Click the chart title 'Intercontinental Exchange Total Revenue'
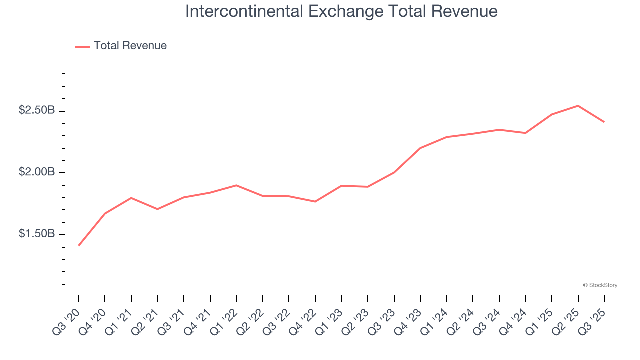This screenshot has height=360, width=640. tap(341, 11)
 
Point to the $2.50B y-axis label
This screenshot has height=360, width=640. tap(37, 110)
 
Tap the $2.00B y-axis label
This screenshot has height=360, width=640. tap(37, 172)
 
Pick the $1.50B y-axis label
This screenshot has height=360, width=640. tap(37, 234)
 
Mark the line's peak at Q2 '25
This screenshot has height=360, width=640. tap(578, 106)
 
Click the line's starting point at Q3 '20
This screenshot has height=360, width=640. tap(79, 245)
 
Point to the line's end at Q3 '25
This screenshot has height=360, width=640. tap(604, 122)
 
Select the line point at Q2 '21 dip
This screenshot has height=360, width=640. tap(157, 209)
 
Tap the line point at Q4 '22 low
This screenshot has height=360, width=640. tap(315, 202)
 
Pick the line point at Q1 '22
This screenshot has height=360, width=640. tap(236, 185)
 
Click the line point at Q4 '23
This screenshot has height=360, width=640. tap(420, 148)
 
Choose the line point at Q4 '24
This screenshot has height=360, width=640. tap(525, 133)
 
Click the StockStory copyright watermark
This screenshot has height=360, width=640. tap(600, 285)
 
